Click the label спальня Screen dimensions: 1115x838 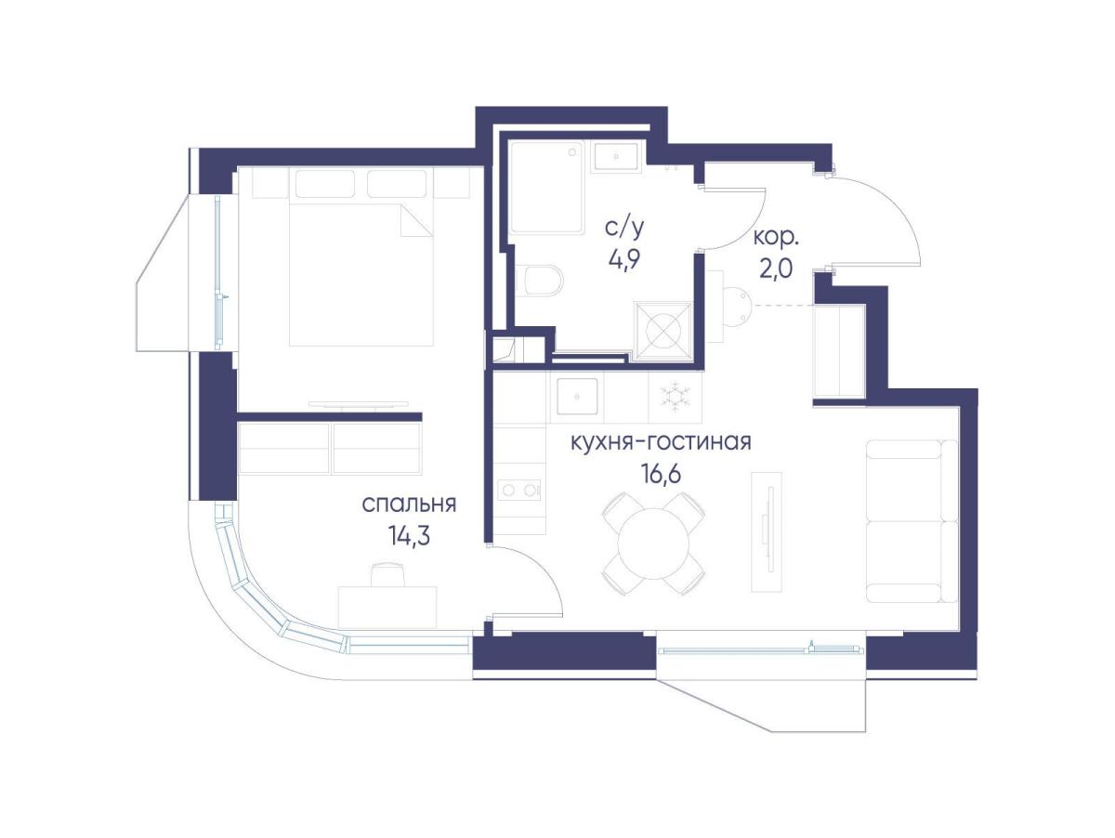(409, 504)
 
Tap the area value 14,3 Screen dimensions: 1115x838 (409, 535)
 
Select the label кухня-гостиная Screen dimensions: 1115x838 (661, 442)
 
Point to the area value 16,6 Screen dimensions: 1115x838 (661, 473)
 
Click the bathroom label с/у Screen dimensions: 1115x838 (624, 228)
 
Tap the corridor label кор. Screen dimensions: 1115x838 (776, 238)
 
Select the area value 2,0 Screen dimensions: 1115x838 (776, 268)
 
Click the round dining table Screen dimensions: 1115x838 (653, 543)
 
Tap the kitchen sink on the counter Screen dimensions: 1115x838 (577, 396)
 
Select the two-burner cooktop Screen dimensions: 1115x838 (518, 490)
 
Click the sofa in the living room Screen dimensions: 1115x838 (912, 521)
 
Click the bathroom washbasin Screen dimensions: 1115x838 (616, 157)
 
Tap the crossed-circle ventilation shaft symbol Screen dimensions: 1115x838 (662, 331)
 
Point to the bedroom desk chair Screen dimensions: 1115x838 (387, 574)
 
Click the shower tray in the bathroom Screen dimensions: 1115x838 (547, 189)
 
